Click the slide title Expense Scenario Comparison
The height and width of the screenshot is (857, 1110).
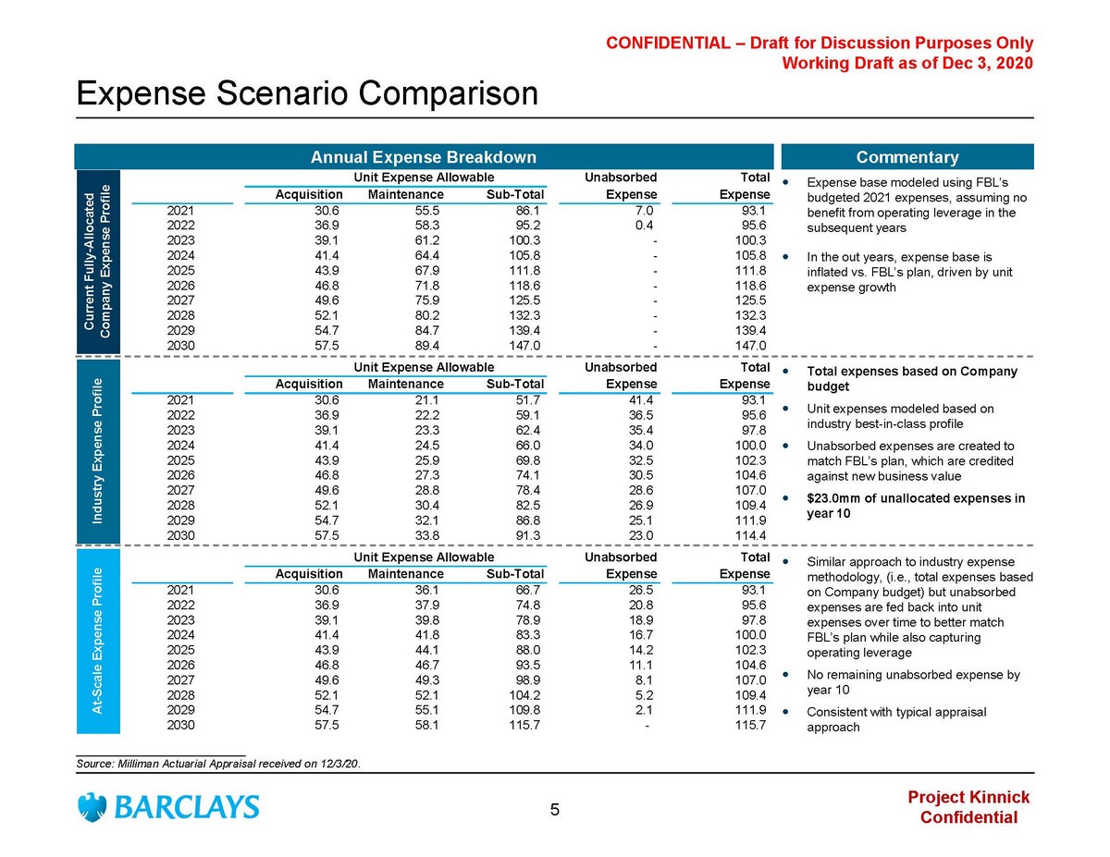tap(306, 93)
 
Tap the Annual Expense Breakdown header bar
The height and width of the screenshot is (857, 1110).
tap(423, 157)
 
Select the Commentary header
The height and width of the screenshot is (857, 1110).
tap(907, 157)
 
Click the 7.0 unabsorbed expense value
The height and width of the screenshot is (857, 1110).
tap(644, 211)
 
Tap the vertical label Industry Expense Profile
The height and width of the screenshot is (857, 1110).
tap(96, 451)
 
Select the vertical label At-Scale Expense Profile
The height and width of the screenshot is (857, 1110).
tap(96, 639)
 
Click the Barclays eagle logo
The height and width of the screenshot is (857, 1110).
tap(92, 806)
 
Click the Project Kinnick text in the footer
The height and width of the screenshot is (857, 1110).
tap(968, 798)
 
